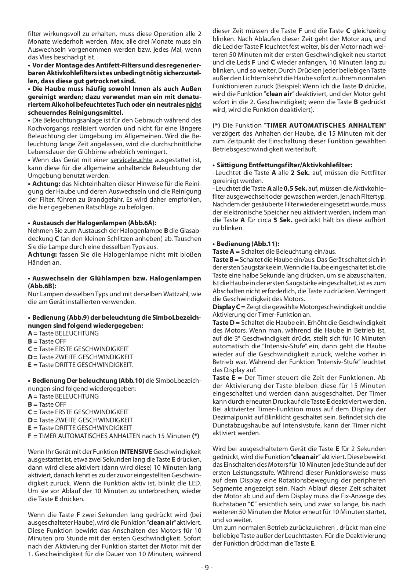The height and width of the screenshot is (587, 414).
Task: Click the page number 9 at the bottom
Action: coord(207,567)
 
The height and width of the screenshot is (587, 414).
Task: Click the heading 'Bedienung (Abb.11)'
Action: coord(246,243)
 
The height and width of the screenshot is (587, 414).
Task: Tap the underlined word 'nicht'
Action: coord(194,104)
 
